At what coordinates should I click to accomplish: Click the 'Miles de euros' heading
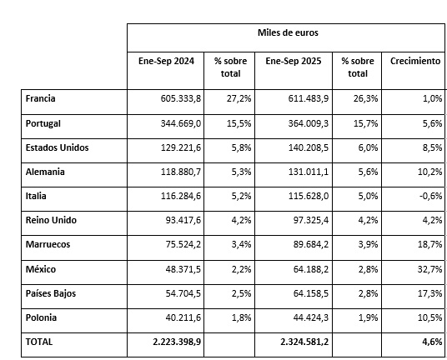[286, 33]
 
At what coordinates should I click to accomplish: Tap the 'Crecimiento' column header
[414, 62]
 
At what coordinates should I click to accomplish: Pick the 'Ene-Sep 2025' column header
[293, 62]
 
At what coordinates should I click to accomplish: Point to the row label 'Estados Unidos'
[58, 147]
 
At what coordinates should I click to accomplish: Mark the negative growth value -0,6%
[427, 197]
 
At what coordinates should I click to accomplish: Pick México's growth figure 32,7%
[426, 270]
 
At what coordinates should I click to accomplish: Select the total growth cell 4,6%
[429, 342]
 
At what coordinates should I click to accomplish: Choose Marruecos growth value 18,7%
[426, 245]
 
